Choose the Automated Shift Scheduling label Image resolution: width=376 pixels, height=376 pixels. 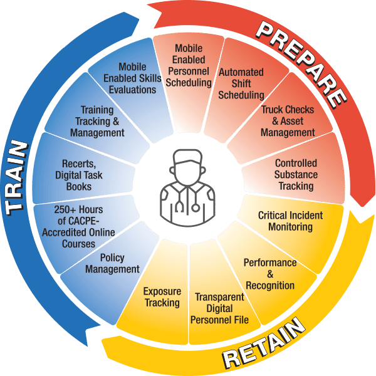[241, 83]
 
